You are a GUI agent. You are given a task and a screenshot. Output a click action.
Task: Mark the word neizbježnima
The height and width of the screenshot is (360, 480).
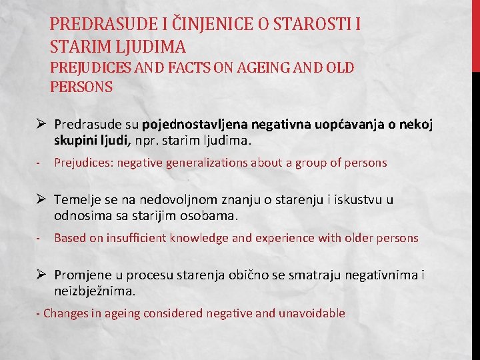95,291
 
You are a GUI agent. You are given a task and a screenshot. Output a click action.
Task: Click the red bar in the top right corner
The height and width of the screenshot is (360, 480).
475,33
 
